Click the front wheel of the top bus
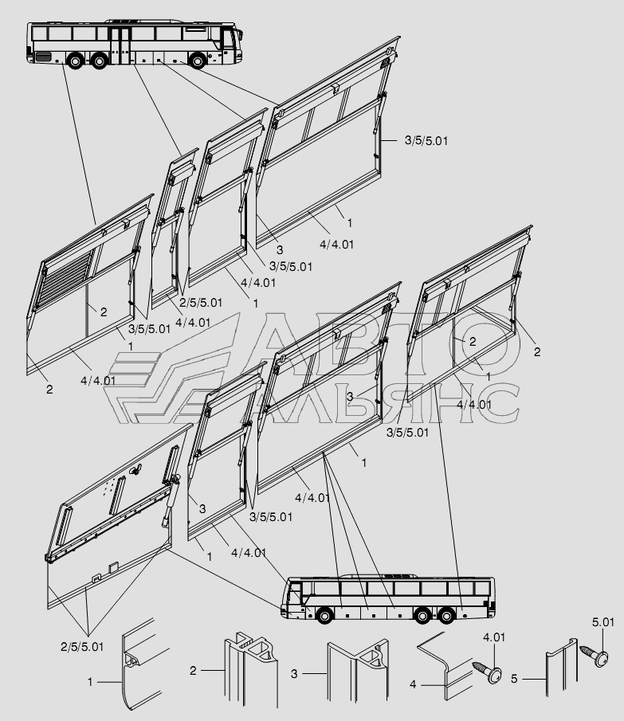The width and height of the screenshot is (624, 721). coord(198,61)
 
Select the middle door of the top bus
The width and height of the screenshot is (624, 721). coord(121,45)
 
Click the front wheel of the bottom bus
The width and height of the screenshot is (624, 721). coord(324,615)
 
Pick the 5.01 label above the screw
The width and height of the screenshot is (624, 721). coord(602,622)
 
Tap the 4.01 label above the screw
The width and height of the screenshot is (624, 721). coord(494,637)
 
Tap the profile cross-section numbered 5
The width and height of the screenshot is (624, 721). coord(562,668)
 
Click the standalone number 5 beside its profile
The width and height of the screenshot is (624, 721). coord(514,679)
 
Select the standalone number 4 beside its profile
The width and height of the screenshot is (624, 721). coord(413,684)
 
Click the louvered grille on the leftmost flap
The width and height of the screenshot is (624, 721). coord(65,280)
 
